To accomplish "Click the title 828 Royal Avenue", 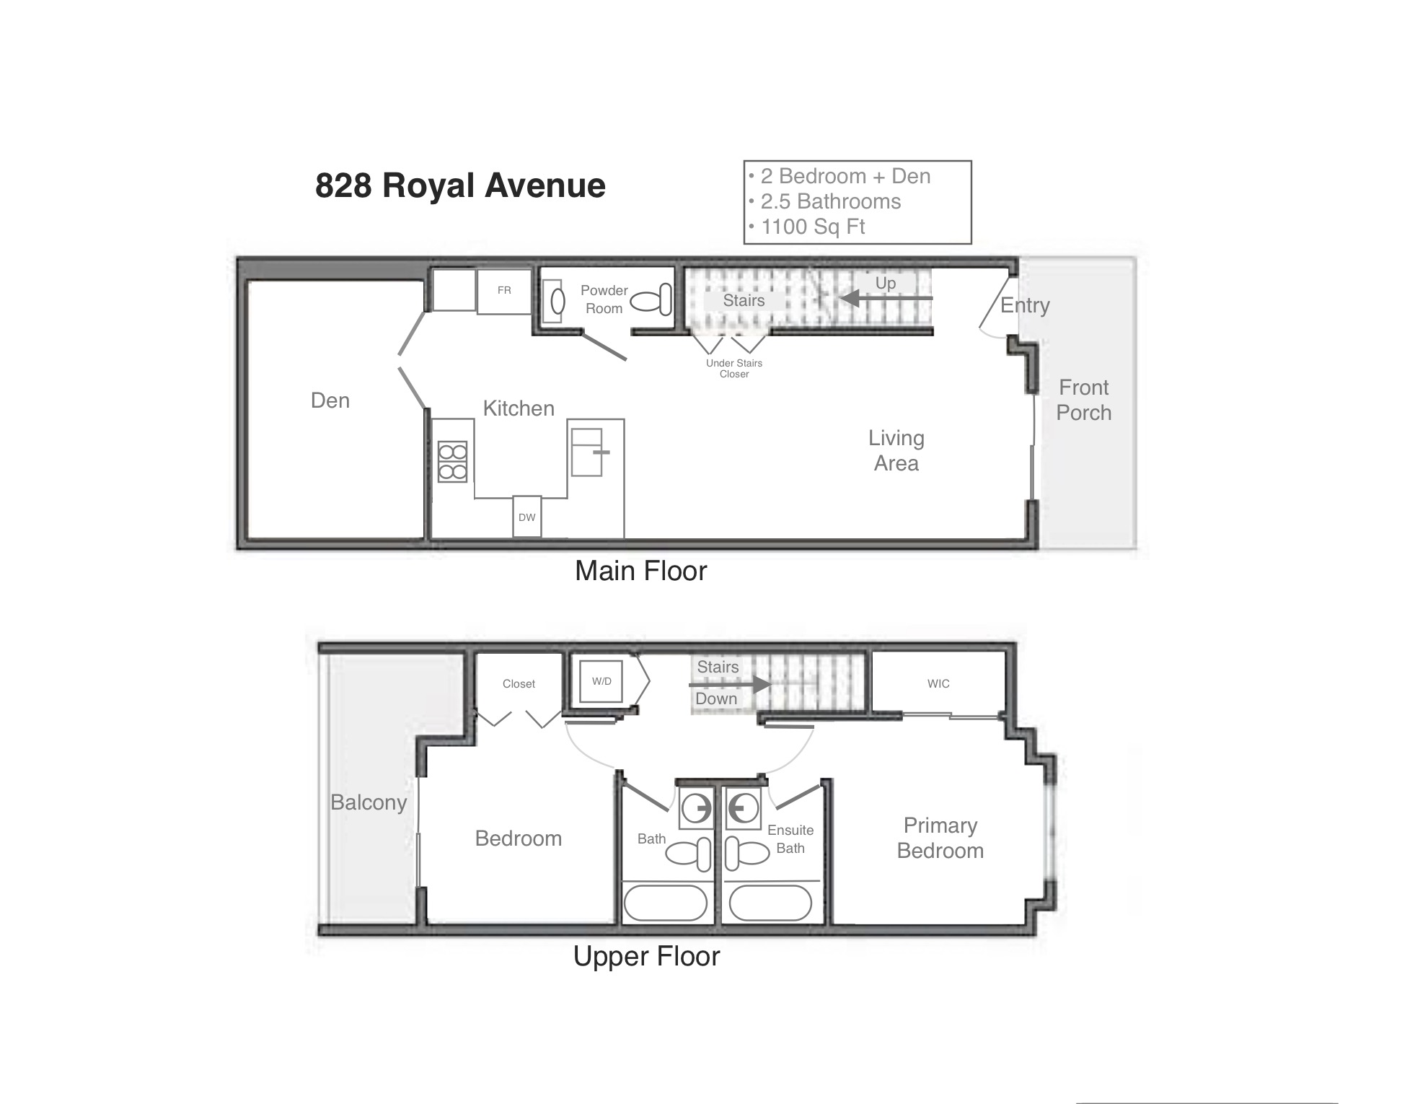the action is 460,185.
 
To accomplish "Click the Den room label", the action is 330,400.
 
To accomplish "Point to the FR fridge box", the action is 504,291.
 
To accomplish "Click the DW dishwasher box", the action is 527,517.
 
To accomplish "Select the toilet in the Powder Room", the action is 651,300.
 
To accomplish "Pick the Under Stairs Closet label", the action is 734,368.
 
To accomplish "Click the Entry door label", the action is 1025,305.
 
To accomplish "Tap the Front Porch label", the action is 1084,400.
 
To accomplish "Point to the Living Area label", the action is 896,450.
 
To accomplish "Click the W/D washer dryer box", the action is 601,681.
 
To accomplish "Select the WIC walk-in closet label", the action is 938,683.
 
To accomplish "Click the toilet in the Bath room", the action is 688,854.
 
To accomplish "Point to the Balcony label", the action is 369,802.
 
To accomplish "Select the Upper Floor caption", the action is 647,956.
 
